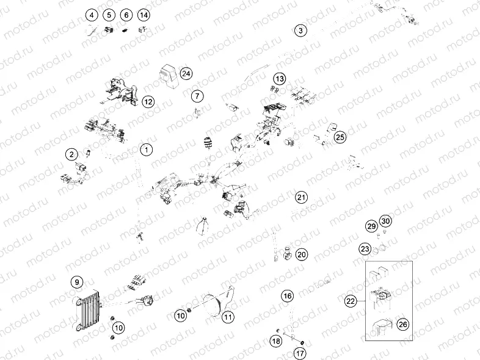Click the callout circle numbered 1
pyautogui.click(x=146, y=149)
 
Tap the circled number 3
pyautogui.click(x=300, y=30)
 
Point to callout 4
pyautogui.click(x=92, y=15)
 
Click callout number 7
pyautogui.click(x=197, y=96)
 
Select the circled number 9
pyautogui.click(x=76, y=282)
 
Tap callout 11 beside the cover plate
pyautogui.click(x=228, y=317)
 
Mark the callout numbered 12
pyautogui.click(x=148, y=102)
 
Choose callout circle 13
pyautogui.click(x=279, y=79)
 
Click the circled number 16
pyautogui.click(x=288, y=296)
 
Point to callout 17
pyautogui.click(x=300, y=352)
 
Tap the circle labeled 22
pyautogui.click(x=351, y=301)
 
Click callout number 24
pyautogui.click(x=186, y=73)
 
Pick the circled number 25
pyautogui.click(x=340, y=137)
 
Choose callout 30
pyautogui.click(x=385, y=221)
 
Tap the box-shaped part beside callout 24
pyautogui.click(x=167, y=74)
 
